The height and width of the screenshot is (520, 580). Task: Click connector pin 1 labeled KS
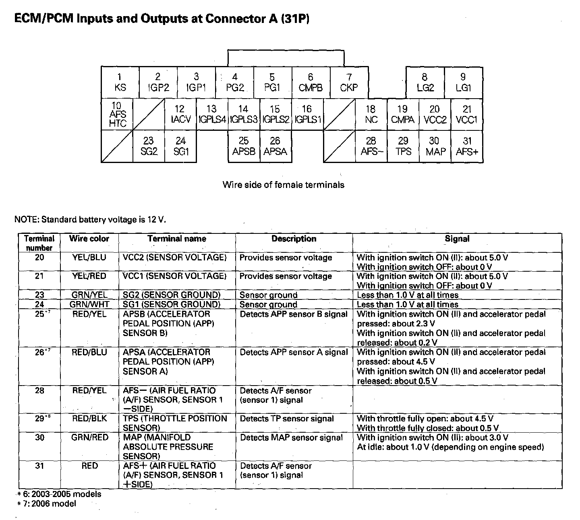[120, 83]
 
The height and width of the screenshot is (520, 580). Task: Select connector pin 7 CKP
[349, 83]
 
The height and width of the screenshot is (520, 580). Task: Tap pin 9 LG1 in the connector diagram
[463, 83]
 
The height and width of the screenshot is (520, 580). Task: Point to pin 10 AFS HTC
[117, 115]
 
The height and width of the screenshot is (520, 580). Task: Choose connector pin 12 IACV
[180, 115]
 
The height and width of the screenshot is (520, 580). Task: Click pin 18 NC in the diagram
[371, 115]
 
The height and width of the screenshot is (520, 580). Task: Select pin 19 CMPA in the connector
[403, 115]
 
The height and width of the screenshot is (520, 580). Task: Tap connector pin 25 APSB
[244, 147]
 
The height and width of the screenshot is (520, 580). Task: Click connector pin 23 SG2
[149, 147]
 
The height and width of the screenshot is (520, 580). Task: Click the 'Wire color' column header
[89, 239]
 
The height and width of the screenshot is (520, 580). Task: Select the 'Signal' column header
[457, 239]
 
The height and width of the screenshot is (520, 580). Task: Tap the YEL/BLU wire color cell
[89, 258]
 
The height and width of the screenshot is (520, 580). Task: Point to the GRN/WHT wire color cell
[89, 305]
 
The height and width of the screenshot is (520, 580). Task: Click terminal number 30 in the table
[39, 437]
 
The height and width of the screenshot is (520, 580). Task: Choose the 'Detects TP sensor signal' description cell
[287, 419]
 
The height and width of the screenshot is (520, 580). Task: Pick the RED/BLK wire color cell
[89, 419]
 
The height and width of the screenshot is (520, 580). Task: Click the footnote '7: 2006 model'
[50, 503]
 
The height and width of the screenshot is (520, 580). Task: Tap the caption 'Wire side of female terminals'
[283, 185]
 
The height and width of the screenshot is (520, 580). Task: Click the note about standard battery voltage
[90, 219]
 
